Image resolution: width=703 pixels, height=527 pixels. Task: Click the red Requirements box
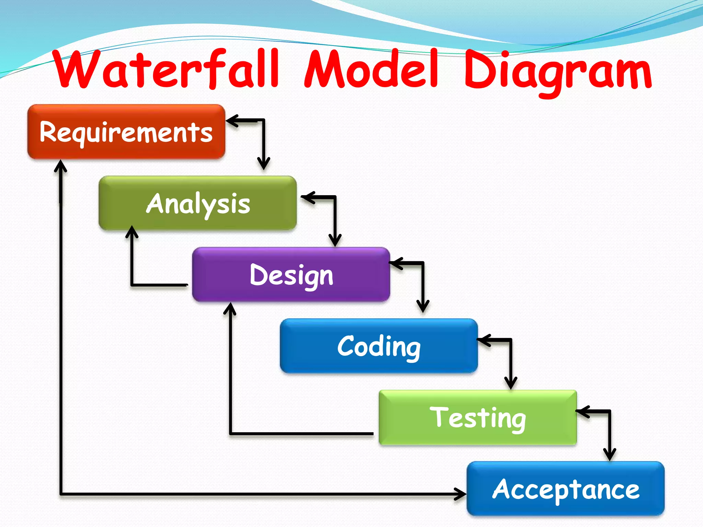(126, 132)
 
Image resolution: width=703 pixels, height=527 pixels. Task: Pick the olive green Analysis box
(197, 203)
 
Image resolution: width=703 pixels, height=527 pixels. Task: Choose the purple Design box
(291, 275)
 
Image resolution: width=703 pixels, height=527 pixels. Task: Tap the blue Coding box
(379, 346)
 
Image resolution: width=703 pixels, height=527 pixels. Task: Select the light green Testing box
(477, 418)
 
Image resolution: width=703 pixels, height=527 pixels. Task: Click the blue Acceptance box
(565, 489)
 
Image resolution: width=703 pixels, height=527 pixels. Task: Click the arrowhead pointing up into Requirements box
(61, 165)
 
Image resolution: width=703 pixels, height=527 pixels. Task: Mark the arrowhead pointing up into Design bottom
(230, 308)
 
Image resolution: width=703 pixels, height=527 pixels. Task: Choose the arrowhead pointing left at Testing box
(582, 411)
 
